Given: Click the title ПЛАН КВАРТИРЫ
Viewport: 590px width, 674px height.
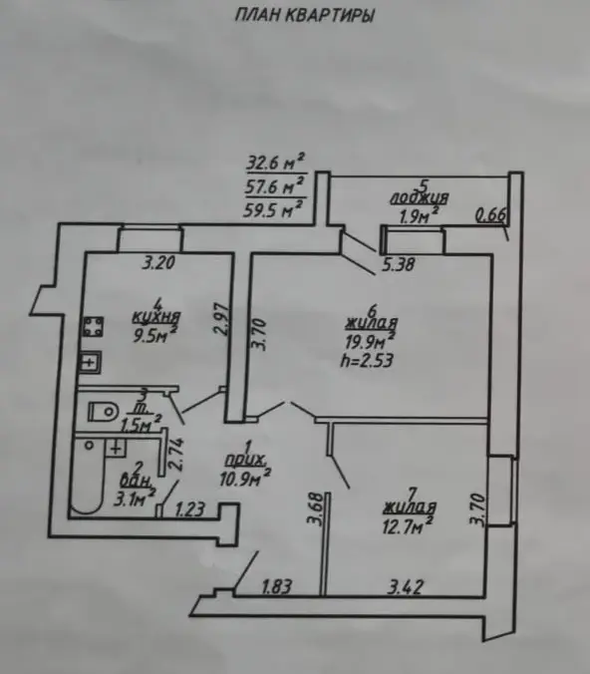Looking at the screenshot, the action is click(x=304, y=16).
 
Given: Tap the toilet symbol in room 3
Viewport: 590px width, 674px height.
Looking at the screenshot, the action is click(x=103, y=412).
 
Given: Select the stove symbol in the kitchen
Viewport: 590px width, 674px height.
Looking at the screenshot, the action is click(x=93, y=327).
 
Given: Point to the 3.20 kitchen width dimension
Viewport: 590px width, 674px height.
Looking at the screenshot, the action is click(x=158, y=262).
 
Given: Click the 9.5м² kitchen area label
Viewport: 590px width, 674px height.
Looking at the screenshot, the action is click(x=155, y=335).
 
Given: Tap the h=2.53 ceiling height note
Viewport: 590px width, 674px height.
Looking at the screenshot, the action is click(x=367, y=360).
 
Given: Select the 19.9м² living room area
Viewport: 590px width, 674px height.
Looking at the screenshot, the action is click(x=370, y=341).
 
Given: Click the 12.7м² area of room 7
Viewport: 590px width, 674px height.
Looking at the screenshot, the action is click(x=408, y=525).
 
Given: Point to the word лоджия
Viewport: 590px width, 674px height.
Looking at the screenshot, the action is click(x=419, y=198).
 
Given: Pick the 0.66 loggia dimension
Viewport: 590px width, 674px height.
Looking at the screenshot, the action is click(x=492, y=215).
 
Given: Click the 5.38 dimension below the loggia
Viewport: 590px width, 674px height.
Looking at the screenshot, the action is click(x=399, y=264).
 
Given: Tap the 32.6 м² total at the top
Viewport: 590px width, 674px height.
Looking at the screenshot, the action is click(x=275, y=163).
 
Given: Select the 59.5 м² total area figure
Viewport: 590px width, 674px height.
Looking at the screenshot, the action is click(x=274, y=209).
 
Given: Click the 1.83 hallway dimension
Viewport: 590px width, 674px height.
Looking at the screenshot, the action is click(x=277, y=586).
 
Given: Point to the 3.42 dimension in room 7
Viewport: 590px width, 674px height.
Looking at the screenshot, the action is click(x=406, y=586).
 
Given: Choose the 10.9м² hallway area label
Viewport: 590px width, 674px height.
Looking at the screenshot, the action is click(x=245, y=478).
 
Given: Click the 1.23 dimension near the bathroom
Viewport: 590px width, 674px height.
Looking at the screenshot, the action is click(x=190, y=509).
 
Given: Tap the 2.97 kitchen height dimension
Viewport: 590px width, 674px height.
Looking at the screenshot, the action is click(x=221, y=318).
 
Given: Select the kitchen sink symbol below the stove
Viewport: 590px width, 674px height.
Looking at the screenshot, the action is click(x=90, y=362).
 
